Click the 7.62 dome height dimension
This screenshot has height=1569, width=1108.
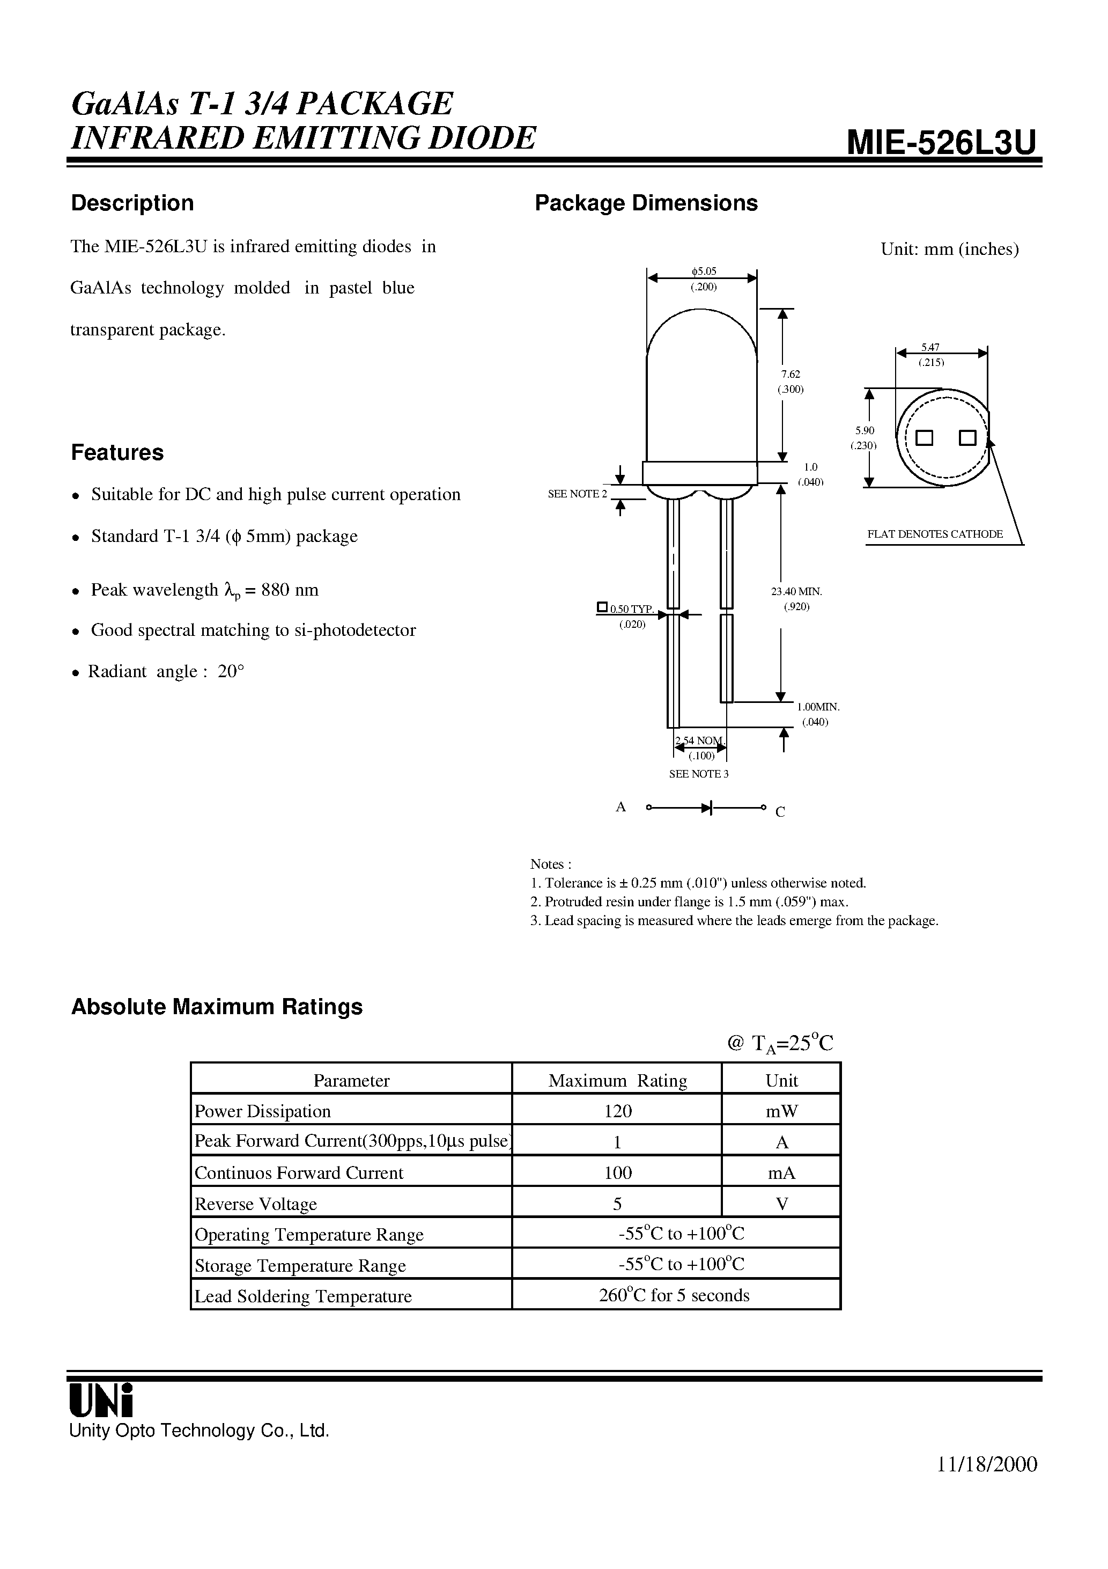click(791, 375)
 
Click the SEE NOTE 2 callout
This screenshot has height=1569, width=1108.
click(577, 494)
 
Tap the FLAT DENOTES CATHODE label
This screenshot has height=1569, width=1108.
click(934, 534)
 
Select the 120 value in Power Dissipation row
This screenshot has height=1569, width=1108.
click(617, 1111)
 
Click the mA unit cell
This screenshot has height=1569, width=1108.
click(781, 1172)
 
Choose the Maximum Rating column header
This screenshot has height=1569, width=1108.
click(617, 1080)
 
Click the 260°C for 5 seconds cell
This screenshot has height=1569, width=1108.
click(674, 1295)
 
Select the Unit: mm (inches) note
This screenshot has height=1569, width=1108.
click(949, 250)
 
